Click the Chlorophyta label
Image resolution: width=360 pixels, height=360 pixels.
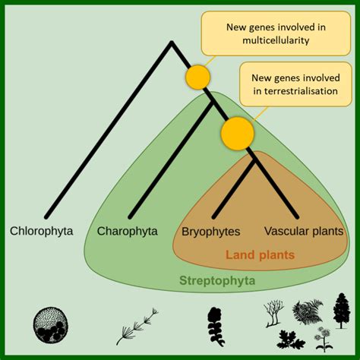click(x=41, y=231)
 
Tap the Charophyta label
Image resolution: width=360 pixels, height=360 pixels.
click(x=128, y=231)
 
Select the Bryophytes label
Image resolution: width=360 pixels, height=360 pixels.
click(x=211, y=232)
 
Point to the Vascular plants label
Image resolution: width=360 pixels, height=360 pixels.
click(x=304, y=231)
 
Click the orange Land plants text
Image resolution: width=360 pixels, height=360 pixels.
click(x=261, y=254)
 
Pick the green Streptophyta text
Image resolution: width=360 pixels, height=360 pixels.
click(x=217, y=280)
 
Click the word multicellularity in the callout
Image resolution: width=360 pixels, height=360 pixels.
click(x=276, y=40)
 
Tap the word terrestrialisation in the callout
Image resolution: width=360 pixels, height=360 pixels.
click(x=295, y=91)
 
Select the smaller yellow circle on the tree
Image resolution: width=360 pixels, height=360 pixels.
click(x=198, y=77)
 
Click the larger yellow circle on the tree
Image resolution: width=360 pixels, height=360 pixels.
click(x=238, y=134)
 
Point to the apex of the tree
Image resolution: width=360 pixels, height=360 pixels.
click(x=172, y=42)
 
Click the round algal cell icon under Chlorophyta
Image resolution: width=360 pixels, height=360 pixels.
click(x=51, y=325)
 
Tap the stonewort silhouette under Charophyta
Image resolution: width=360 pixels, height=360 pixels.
click(x=137, y=327)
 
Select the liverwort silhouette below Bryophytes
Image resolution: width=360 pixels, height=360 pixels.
click(x=216, y=327)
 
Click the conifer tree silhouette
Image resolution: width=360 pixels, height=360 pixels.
click(x=342, y=311)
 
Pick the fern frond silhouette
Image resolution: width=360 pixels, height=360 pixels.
click(x=308, y=311)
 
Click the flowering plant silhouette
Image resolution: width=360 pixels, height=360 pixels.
click(x=323, y=339)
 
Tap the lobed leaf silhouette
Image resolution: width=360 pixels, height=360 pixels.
click(x=291, y=339)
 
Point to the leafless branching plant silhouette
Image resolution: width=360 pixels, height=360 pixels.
click(x=273, y=314)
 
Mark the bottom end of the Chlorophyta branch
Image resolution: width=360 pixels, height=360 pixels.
click(x=46, y=217)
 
